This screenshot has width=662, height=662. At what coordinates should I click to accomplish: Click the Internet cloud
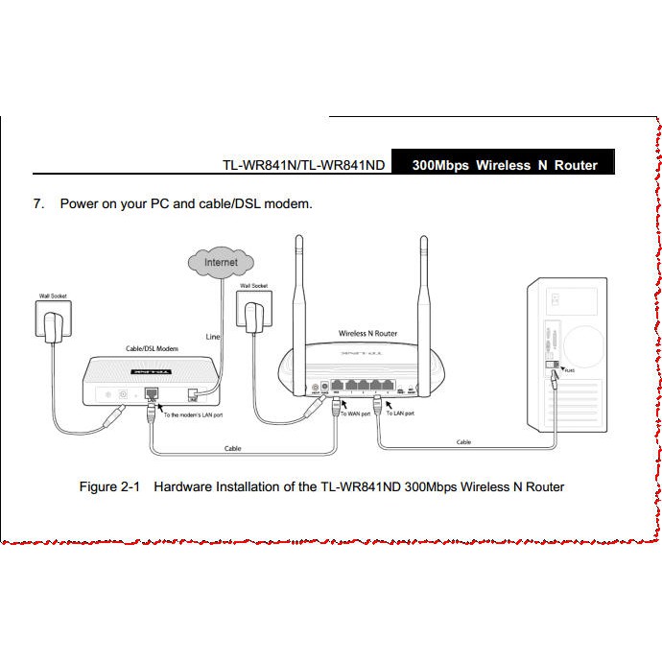221,261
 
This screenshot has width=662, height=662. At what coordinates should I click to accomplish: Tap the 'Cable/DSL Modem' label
153,348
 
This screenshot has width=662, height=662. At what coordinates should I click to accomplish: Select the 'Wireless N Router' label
367,334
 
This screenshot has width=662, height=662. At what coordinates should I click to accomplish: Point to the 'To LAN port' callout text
400,414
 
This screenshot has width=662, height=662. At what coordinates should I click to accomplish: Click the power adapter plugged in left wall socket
52,323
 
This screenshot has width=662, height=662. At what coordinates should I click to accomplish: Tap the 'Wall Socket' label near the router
253,286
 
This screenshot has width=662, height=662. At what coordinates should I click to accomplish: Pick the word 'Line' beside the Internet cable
214,337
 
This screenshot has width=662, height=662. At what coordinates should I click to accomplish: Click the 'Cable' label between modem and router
233,448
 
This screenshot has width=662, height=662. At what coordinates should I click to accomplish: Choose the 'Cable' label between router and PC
463,442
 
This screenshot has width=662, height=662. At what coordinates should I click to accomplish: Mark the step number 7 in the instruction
38,203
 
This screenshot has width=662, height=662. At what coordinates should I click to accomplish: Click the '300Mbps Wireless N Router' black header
505,165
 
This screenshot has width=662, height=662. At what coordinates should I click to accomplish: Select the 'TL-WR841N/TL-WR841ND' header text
303,165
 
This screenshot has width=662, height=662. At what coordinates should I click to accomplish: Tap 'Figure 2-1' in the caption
109,486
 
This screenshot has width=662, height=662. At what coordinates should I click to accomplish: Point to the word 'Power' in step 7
79,203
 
